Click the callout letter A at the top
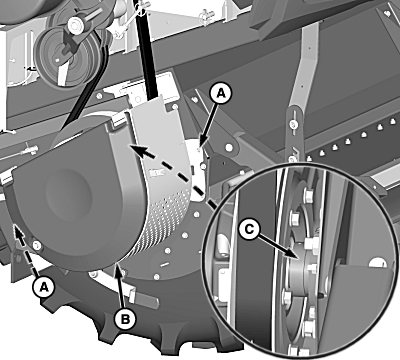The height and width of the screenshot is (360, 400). [221, 94]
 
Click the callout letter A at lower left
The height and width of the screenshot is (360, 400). [44, 286]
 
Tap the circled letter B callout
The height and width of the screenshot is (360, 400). [125, 320]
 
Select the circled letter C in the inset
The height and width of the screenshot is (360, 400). [249, 229]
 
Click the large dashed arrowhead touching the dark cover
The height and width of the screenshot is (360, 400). [138, 151]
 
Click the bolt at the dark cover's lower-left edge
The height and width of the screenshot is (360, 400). [36, 246]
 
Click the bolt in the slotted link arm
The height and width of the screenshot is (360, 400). [293, 125]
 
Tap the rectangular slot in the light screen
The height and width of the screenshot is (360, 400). [157, 173]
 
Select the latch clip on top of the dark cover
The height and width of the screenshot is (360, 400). [118, 119]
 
